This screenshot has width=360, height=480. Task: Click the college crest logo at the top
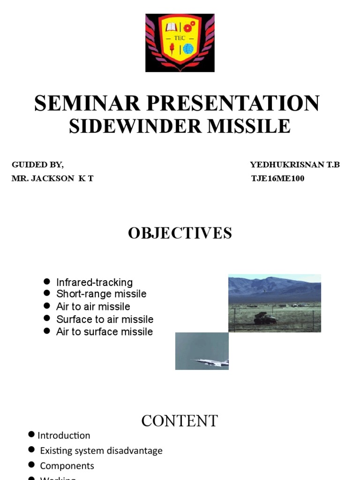(180, 43)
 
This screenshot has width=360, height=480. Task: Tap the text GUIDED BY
(37, 165)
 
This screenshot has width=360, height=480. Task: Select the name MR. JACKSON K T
(52, 179)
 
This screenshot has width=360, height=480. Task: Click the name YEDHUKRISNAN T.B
(295, 165)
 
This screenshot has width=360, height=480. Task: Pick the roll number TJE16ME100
(278, 179)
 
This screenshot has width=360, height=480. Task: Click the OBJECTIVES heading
(180, 233)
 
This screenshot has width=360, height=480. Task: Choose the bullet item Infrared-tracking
(94, 282)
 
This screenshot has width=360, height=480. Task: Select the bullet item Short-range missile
(101, 294)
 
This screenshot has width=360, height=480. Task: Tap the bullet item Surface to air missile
(105, 319)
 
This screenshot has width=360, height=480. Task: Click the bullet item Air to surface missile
(105, 332)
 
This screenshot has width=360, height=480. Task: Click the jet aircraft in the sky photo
(210, 361)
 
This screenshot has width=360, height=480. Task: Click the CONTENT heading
(180, 421)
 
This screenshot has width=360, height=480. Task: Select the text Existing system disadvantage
(101, 450)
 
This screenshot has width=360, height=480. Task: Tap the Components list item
(67, 466)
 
